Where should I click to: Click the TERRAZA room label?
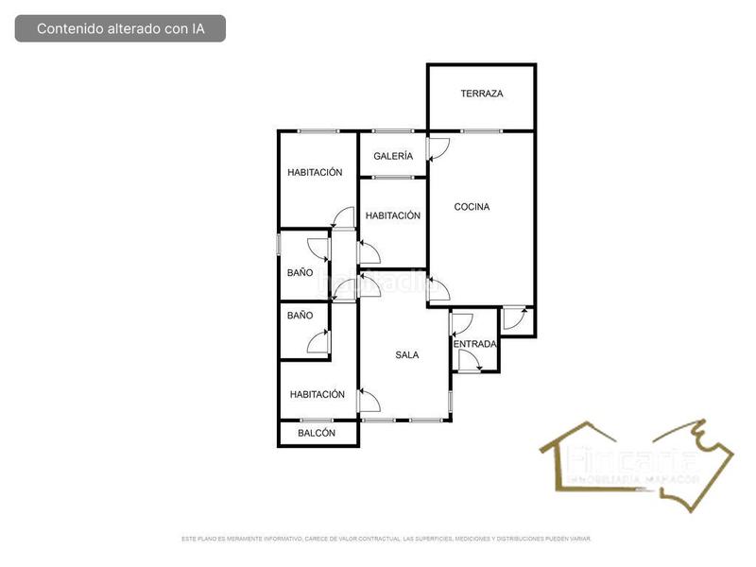pyautogui.click(x=481, y=94)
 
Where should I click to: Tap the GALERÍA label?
pyautogui.click(x=392, y=156)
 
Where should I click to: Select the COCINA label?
pyautogui.click(x=472, y=207)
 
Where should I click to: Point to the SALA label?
pyautogui.click(x=406, y=355)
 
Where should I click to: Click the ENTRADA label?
pyautogui.click(x=474, y=344)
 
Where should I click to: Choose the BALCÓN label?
pyautogui.click(x=317, y=433)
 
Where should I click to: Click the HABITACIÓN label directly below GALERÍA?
pyautogui.click(x=392, y=215)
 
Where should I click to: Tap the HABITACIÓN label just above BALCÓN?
pyautogui.click(x=317, y=394)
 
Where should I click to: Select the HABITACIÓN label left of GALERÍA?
pyautogui.click(x=315, y=172)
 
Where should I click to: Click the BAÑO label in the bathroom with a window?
pyautogui.click(x=300, y=272)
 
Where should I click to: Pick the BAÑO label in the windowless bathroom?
pyautogui.click(x=300, y=316)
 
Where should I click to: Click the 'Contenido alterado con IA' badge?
pyautogui.click(x=120, y=28)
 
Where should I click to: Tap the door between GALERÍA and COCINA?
pyautogui.click(x=438, y=149)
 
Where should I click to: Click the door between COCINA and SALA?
pyautogui.click(x=438, y=289)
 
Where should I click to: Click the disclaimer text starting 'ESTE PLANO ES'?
pyautogui.click(x=386, y=539)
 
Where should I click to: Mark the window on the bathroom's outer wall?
pyautogui.click(x=278, y=244)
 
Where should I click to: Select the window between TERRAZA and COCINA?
pyautogui.click(x=481, y=130)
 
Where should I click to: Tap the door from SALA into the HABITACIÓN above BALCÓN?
pyautogui.click(x=369, y=404)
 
